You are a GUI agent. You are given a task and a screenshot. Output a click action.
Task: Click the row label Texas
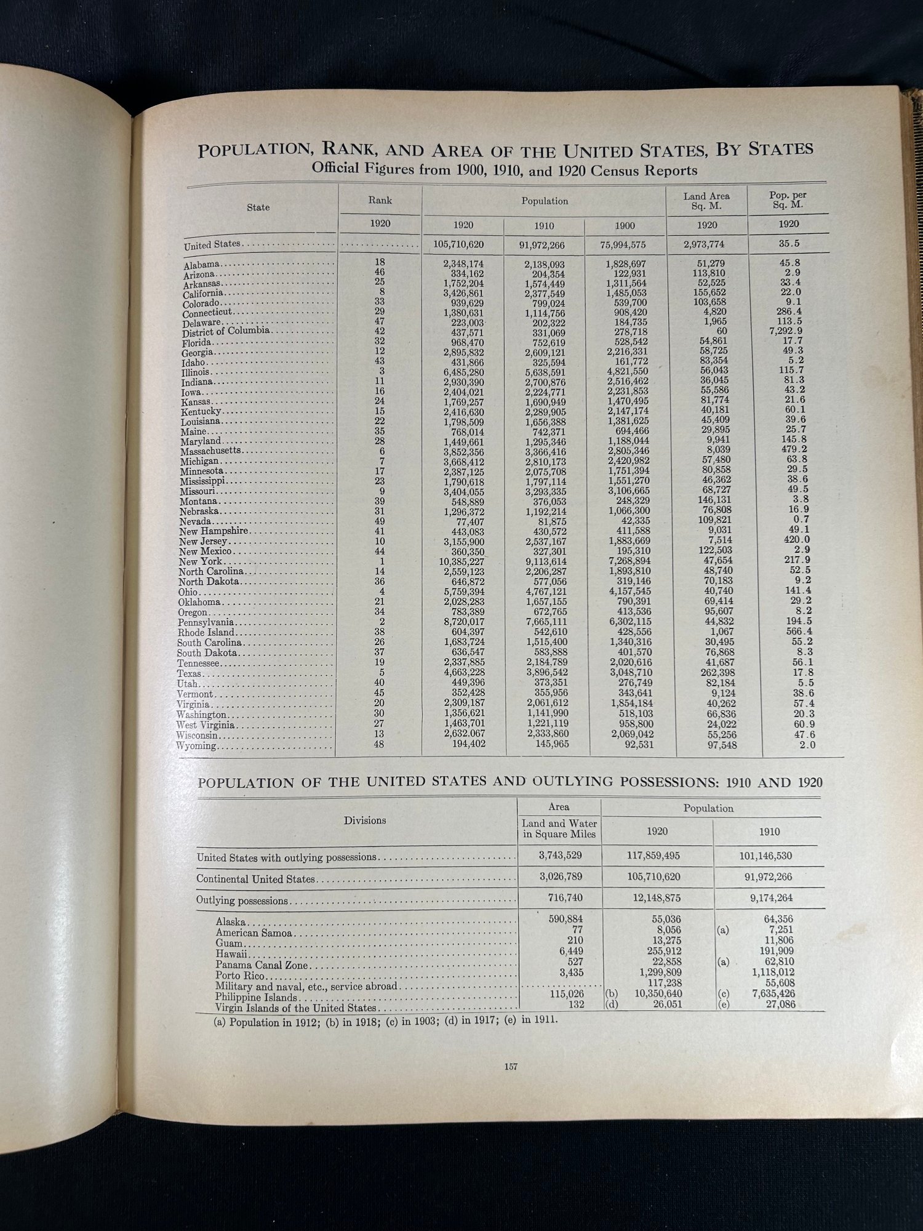point(190,673)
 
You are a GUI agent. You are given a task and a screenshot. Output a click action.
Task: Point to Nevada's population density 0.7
point(801,520)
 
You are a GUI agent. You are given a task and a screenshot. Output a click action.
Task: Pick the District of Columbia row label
point(226,332)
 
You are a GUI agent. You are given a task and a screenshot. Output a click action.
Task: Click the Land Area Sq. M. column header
point(706,201)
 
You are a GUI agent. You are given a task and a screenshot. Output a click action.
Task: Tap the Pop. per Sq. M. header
point(788,199)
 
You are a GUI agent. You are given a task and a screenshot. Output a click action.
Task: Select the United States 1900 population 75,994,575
point(623,244)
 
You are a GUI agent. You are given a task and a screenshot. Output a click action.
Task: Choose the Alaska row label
point(231,922)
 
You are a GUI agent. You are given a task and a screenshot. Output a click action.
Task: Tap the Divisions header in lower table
point(365,820)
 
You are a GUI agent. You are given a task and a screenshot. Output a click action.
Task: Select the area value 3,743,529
point(560,856)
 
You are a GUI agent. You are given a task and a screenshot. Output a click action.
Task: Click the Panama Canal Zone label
point(262,965)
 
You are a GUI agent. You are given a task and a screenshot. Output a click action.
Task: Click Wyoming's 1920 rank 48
point(379,744)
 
